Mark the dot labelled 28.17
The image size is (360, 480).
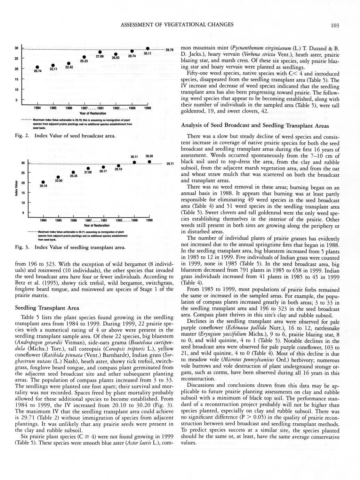103,167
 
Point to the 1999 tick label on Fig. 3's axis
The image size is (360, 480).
149,220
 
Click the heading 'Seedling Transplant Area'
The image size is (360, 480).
47,308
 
